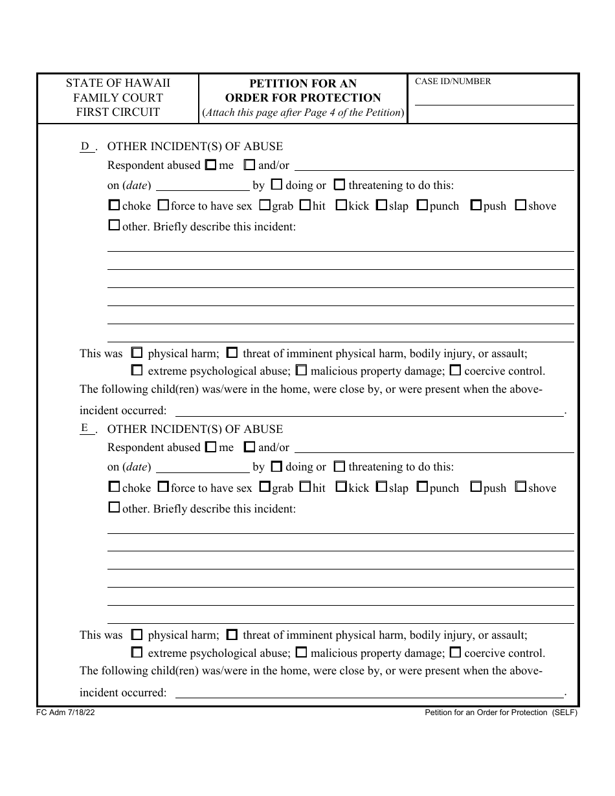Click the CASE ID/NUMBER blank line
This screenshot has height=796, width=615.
pos(493,100)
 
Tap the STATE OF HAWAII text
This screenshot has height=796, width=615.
pos(118,83)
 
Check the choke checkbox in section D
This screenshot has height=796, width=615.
pos(114,206)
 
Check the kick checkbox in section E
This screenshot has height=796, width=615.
pos(341,487)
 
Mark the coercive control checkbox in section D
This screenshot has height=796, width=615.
pos(455,371)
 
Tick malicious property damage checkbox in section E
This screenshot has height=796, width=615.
pos(302,652)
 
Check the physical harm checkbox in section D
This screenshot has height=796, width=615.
pos(137,353)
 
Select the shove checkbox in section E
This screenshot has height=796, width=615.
pos(520,487)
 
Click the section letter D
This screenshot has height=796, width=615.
pos(85,146)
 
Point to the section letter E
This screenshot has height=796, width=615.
pos(85,428)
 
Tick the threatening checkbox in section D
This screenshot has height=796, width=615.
pos(340,185)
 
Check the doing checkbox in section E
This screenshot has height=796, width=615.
pos(276,467)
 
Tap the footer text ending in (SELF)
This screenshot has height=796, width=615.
pos(500,713)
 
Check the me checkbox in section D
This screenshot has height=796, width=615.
pos(210,165)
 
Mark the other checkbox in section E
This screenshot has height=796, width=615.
pos(114,508)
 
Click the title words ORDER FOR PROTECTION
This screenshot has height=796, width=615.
pos(303,98)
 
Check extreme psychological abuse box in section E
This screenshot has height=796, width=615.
pos(137,652)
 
